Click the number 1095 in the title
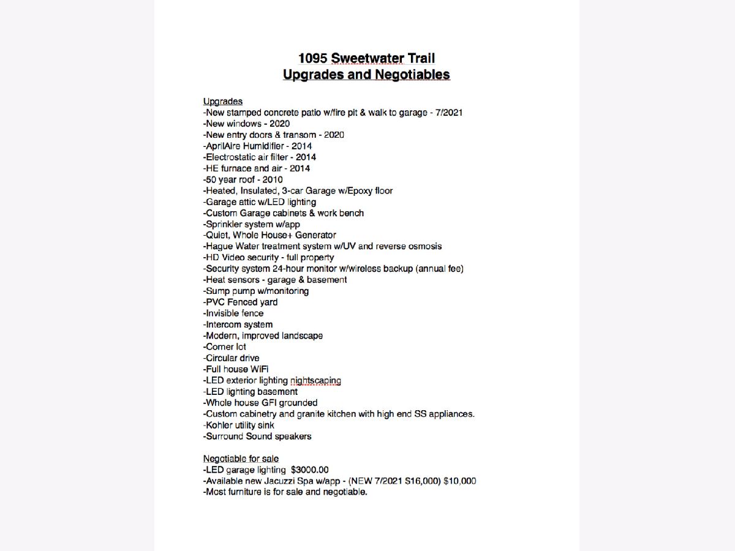tap(312, 59)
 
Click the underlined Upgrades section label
tap(223, 101)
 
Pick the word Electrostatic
tap(232, 157)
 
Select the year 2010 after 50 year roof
tap(273, 179)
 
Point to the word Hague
tap(219, 246)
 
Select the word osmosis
tap(425, 246)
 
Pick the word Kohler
tap(219, 425)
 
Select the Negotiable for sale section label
tap(241, 459)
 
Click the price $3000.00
tap(310, 470)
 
